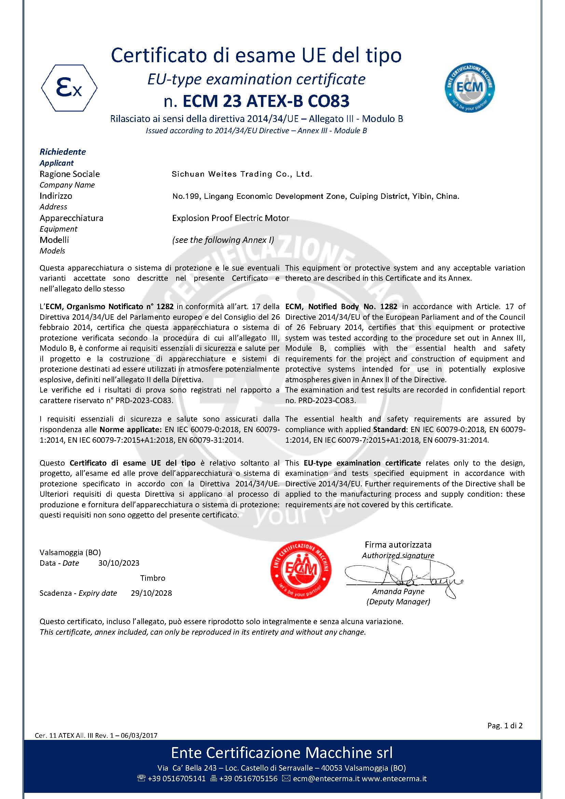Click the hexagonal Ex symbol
(69, 88)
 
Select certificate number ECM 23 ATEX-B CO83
(257, 101)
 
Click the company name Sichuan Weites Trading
(242, 174)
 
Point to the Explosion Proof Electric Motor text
(231, 218)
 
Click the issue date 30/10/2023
(119, 563)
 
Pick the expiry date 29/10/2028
(151, 593)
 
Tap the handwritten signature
(403, 576)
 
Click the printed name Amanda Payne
(398, 591)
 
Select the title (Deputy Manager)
(398, 602)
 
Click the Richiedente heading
(63, 152)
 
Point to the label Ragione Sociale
(70, 174)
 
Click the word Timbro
(153, 578)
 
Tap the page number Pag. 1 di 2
(505, 726)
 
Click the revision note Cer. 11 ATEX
(96, 735)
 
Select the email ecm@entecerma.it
(326, 779)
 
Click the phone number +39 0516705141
(177, 779)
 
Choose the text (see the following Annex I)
(223, 240)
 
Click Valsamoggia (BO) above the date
(70, 552)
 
